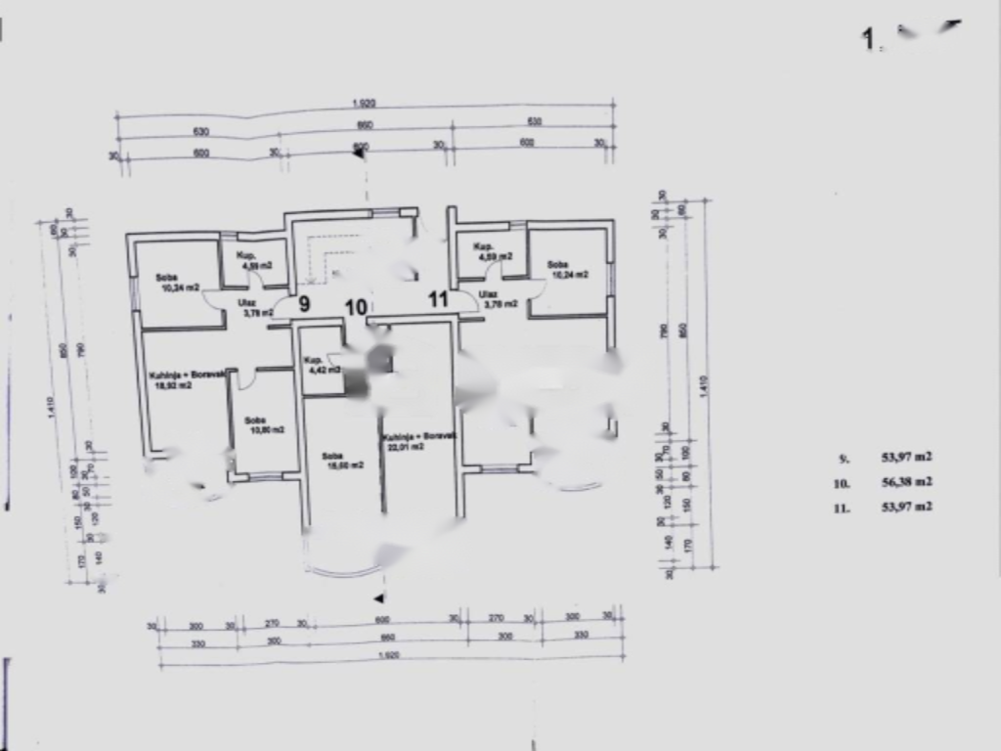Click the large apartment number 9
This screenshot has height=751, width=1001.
point(304,303)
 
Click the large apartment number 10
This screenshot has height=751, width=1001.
point(356,307)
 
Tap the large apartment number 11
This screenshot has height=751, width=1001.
point(438,299)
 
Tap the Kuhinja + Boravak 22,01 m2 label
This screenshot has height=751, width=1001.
point(404,441)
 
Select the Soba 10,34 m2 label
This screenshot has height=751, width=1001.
point(178,283)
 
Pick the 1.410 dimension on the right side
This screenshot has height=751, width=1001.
point(704,386)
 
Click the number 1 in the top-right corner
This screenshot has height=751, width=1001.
point(867,39)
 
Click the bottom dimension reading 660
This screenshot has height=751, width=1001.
point(382,638)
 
